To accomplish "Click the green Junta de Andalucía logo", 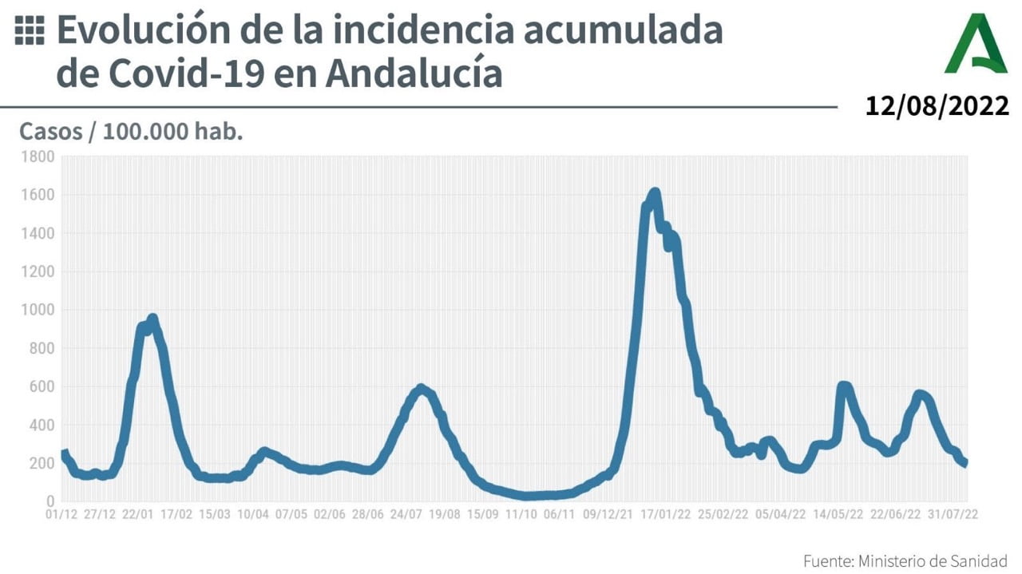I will click(x=976, y=44).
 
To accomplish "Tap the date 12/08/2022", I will click(x=937, y=105).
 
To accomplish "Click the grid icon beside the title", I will click(x=30, y=31).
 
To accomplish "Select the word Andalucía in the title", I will click(x=414, y=73).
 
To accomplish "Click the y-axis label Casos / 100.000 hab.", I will click(x=131, y=131).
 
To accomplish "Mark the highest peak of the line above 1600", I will click(x=655, y=192).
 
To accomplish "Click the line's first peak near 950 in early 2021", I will click(x=153, y=319).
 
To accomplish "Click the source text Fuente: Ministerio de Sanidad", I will click(x=905, y=560).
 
